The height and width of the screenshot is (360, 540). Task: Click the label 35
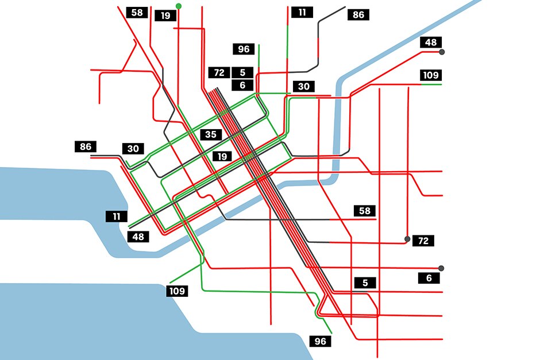[x=211, y=135]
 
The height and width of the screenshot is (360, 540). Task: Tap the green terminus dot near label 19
[x=179, y=6]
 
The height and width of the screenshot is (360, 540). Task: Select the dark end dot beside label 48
[x=442, y=52]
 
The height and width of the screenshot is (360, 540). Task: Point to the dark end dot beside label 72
[x=407, y=239]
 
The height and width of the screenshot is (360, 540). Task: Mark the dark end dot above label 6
[x=441, y=268]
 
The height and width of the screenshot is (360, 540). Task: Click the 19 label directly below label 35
[x=222, y=156]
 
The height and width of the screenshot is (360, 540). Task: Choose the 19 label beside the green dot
[x=165, y=16]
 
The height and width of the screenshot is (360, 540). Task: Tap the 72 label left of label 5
[x=219, y=72]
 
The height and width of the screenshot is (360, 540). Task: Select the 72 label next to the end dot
[x=423, y=241]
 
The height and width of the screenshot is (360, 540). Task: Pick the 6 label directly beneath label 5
[x=242, y=85]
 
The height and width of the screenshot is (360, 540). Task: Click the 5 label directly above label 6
[x=242, y=72]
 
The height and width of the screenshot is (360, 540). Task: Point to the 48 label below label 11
[x=138, y=236]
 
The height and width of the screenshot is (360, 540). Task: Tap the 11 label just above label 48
[x=117, y=216]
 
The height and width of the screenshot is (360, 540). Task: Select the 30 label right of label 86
[x=133, y=149]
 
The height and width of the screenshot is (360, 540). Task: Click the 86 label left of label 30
[x=86, y=146]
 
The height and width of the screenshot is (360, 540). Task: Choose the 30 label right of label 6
[x=304, y=86]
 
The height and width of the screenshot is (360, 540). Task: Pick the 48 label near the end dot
[x=431, y=42]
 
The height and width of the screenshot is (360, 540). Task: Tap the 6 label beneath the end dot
[x=429, y=278]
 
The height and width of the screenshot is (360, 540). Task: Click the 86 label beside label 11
[x=358, y=15]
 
